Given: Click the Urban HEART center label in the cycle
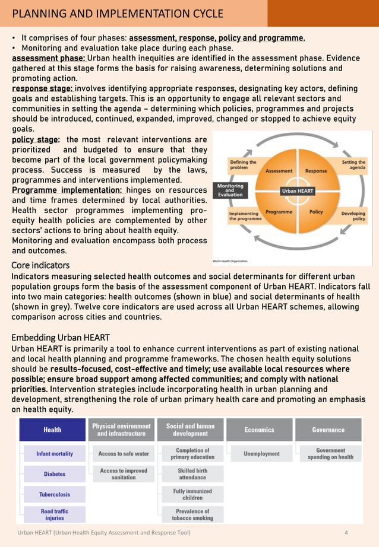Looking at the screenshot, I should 297,191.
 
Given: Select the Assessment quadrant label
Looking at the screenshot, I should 279,171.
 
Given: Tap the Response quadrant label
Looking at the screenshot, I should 316,171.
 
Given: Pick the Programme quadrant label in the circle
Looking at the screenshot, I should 278,212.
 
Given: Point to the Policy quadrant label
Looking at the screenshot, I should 316,212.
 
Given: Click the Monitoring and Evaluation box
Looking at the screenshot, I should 229,190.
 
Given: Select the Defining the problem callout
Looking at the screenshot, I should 243,164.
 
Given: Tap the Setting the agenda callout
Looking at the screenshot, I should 353,164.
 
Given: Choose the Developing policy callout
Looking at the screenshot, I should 353,216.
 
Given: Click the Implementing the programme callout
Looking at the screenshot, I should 244,216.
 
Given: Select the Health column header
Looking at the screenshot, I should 52,430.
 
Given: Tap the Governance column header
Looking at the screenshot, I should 328,430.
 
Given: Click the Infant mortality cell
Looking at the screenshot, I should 55,454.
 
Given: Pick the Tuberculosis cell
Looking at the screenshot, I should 55,494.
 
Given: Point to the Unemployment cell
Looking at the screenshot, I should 261,454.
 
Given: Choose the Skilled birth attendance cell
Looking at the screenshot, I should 192,473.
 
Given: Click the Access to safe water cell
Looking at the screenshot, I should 124,454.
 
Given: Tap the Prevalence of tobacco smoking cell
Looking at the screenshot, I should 192,514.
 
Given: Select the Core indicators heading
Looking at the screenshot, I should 40,265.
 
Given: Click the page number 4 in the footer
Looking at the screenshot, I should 346,532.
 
